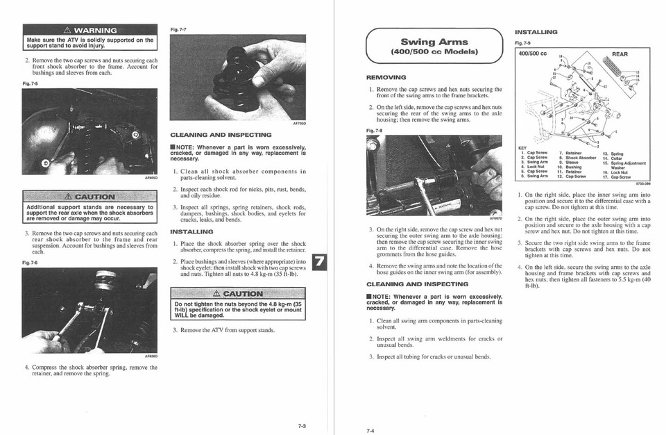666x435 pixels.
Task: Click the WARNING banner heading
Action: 89,30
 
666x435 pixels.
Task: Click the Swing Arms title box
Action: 434,47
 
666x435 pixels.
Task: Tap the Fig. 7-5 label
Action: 31,84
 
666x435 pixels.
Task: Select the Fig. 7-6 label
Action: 31,263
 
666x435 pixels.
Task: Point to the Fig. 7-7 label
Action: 178,29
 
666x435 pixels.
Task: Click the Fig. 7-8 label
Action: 374,130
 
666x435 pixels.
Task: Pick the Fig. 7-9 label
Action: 522,43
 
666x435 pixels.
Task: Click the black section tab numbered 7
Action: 318,263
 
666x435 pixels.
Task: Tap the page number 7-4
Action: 370,430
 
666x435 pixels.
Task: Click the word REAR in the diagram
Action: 620,54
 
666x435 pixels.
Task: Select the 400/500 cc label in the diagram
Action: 533,54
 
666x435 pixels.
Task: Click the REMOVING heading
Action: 386,77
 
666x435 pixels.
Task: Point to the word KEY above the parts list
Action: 522,147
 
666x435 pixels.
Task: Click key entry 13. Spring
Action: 613,154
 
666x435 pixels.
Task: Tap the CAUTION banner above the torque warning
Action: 238,293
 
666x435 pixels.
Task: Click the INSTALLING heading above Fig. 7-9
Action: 536,32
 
